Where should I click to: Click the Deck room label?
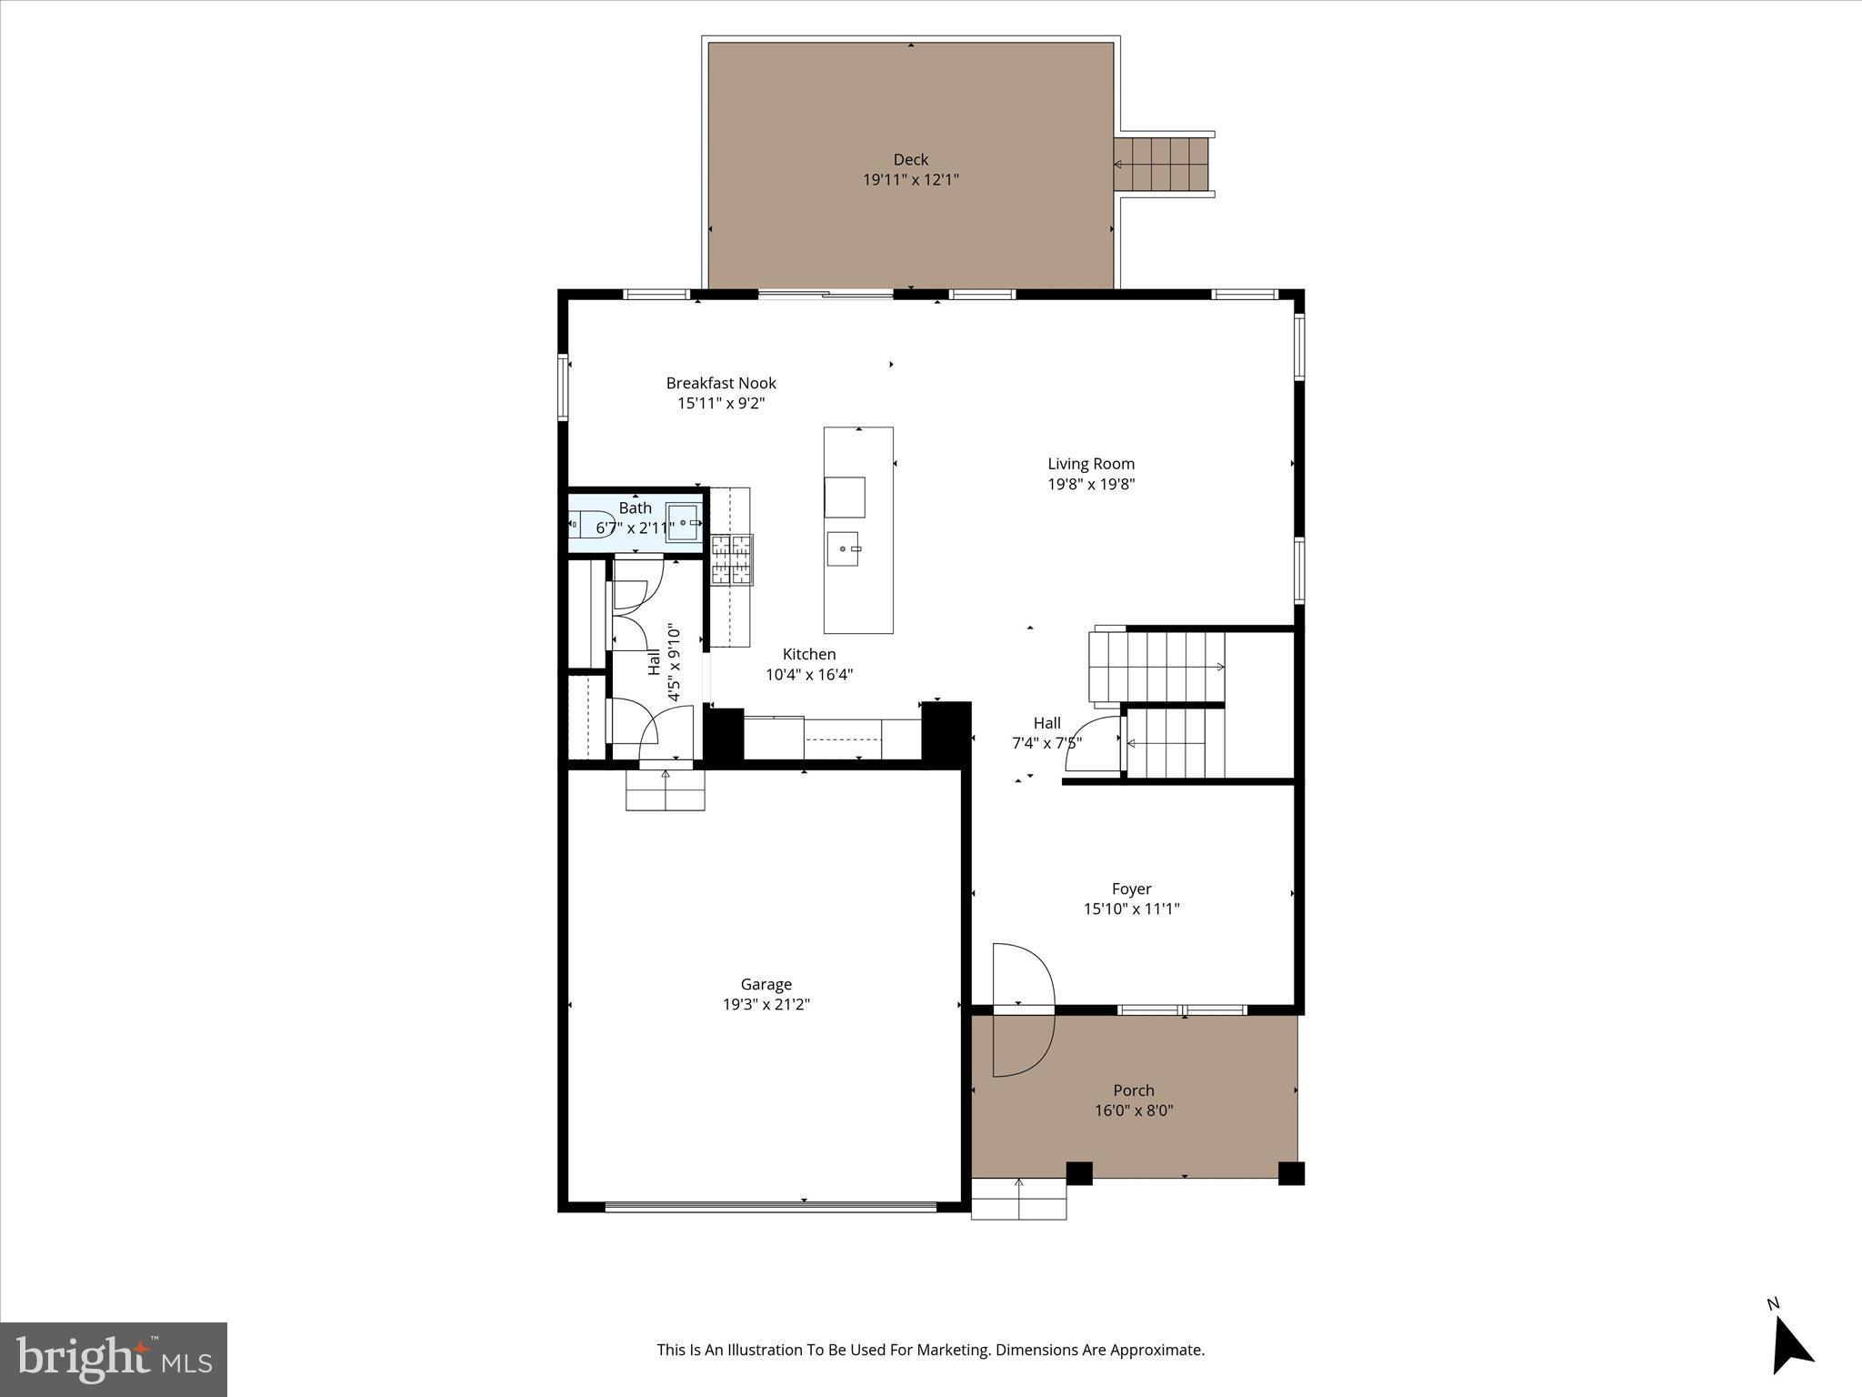[910, 160]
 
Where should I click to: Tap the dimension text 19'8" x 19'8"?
[1091, 484]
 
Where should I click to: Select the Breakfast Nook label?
[721, 383]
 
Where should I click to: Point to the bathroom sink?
[684, 523]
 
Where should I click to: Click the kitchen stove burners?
[732, 558]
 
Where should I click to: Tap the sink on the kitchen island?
[845, 548]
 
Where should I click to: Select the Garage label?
[766, 984]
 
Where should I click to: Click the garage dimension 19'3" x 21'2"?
[766, 1005]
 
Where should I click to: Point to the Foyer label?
[1131, 889]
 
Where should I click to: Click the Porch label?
[1134, 1090]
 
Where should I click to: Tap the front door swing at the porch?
[1022, 1010]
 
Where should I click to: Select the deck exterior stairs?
[1163, 165]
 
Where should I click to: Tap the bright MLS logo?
[114, 1359]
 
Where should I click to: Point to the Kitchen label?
[808, 654]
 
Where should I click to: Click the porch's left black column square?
[1078, 1173]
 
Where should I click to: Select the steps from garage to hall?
[665, 789]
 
